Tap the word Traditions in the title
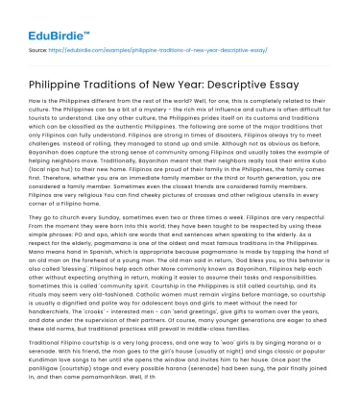[140, 76]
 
